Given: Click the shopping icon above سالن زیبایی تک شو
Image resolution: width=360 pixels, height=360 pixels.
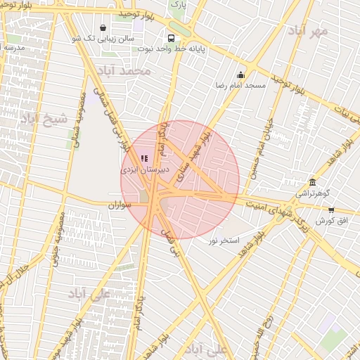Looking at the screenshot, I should point(103,29).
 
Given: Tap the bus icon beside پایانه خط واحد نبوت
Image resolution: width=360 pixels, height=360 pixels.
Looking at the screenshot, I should point(172,39).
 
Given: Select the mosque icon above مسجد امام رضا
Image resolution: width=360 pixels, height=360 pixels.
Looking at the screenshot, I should point(240,75).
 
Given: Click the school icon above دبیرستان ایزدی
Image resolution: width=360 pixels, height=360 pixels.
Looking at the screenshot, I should point(145,159).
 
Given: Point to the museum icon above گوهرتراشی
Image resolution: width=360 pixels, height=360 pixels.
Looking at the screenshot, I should point(312,181).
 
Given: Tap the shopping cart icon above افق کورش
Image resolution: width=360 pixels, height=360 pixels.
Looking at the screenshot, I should point(331,210).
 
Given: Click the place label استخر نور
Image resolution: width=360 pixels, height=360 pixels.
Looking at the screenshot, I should point(223,240).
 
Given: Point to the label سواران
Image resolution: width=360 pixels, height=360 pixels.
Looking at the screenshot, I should point(120,205).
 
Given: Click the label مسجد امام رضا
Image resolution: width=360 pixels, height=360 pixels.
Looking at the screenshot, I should point(240,85).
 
